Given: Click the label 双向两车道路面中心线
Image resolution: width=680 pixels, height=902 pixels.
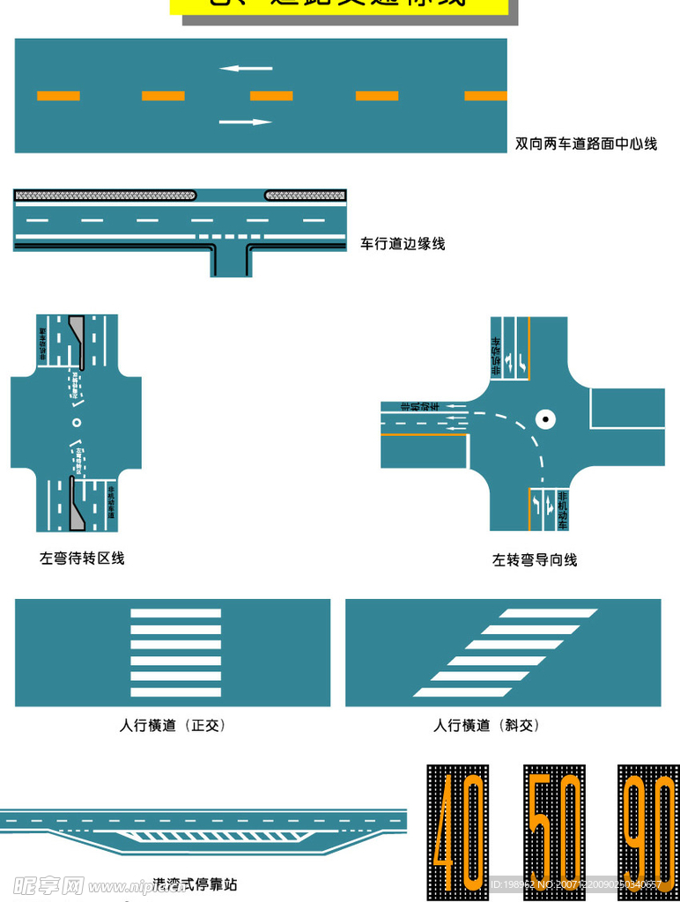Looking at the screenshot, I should pyautogui.click(x=586, y=144).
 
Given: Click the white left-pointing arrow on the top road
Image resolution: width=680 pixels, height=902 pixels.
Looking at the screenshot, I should pyautogui.click(x=246, y=68).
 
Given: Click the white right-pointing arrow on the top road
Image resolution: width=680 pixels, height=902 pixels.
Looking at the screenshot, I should pyautogui.click(x=246, y=122).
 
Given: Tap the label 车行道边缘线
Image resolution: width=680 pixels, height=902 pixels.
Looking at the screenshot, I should pyautogui.click(x=403, y=244).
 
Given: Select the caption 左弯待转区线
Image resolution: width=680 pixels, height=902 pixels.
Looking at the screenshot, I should pyautogui.click(x=82, y=558).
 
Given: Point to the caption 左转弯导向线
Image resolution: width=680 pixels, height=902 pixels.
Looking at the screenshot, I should pyautogui.click(x=535, y=559).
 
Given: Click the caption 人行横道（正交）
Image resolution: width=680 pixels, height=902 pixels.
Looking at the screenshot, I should pyautogui.click(x=173, y=726).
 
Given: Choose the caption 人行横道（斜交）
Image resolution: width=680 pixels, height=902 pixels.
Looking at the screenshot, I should pyautogui.click(x=486, y=726).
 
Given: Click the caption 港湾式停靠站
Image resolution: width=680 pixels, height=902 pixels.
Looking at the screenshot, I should pyautogui.click(x=195, y=884).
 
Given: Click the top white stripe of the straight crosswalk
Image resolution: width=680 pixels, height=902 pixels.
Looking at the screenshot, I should pyautogui.click(x=175, y=613).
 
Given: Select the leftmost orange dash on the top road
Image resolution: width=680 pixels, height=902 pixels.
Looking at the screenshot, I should pyautogui.click(x=58, y=96).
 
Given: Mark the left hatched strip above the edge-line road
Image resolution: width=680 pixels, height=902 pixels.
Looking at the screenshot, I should pyautogui.click(x=105, y=195).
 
